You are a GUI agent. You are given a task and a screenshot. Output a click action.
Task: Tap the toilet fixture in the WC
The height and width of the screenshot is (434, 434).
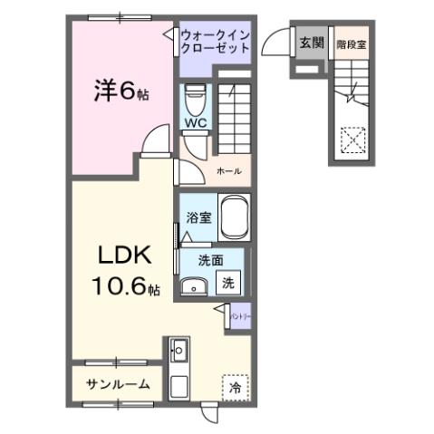pyautogui.click(x=195, y=96)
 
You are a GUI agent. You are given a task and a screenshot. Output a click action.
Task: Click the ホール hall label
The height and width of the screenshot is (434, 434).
pyautogui.click(x=229, y=169)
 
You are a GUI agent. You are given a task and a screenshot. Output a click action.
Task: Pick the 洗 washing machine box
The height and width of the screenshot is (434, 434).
pyautogui.click(x=229, y=283)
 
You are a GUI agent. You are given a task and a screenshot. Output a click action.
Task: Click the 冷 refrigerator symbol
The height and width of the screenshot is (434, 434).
pyautogui.click(x=236, y=387)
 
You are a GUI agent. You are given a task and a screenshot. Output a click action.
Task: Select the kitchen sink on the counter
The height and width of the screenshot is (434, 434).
pyautogui.click(x=178, y=349)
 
